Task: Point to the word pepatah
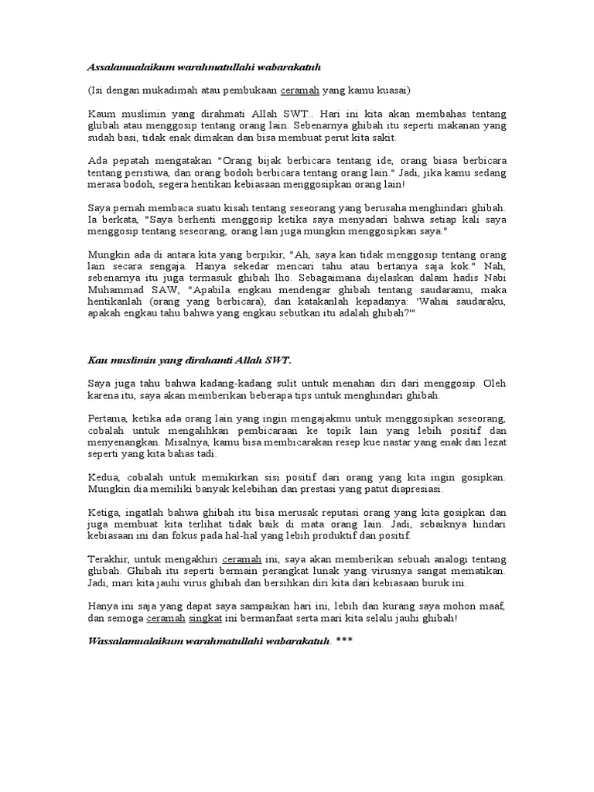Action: [127, 161]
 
